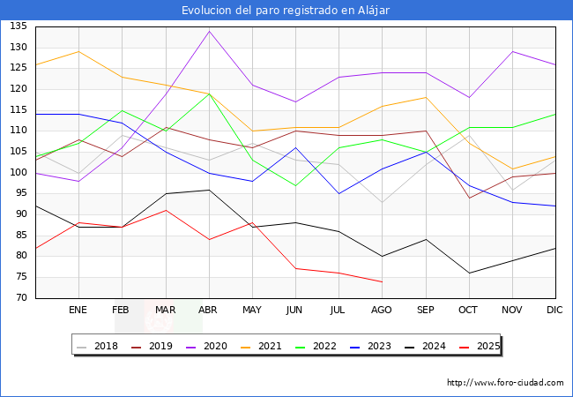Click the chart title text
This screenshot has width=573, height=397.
[286, 11]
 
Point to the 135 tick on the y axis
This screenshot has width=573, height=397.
[18, 26]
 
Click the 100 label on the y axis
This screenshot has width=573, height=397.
[18, 173]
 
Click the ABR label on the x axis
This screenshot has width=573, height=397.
[209, 310]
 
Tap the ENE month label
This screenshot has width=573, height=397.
[78, 310]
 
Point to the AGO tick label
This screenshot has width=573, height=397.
[382, 310]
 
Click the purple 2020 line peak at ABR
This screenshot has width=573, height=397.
[209, 31]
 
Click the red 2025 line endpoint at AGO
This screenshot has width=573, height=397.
[382, 281]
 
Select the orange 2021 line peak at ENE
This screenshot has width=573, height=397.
[78, 51]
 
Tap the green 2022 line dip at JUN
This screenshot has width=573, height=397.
[295, 185]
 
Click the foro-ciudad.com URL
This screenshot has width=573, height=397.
[505, 383]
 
